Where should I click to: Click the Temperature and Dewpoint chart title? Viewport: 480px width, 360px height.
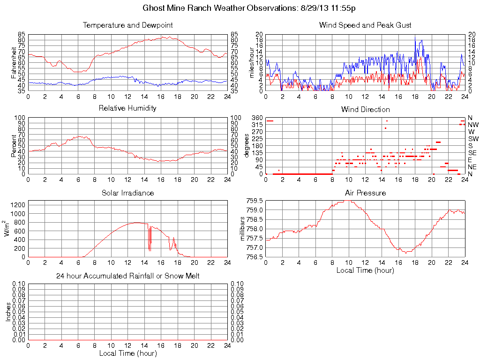(x=127, y=25)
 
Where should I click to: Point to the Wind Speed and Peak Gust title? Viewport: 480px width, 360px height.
(x=365, y=25)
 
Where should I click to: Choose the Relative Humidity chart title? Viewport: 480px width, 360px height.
(x=127, y=108)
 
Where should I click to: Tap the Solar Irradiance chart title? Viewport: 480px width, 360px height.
(x=127, y=193)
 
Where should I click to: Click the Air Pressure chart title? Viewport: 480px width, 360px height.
(x=365, y=193)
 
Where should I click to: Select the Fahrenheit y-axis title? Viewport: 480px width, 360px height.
(x=14, y=62)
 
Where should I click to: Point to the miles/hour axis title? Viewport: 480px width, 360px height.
(x=251, y=62)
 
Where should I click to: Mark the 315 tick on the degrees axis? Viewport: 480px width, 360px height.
(x=257, y=125)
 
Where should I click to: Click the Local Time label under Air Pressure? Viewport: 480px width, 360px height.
(x=365, y=270)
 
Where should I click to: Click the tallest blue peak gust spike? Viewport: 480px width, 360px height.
(x=415, y=37)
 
